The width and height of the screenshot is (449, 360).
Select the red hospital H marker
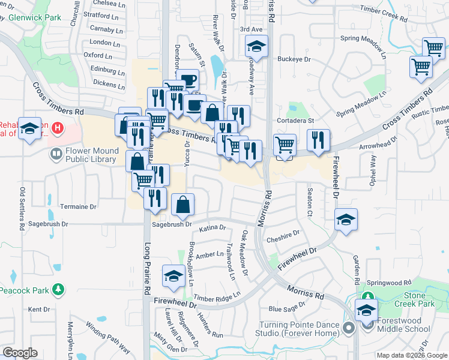58,127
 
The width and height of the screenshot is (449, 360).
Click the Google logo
20,352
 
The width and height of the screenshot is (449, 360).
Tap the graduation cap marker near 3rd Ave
256,46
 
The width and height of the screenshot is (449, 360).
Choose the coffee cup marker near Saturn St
188,80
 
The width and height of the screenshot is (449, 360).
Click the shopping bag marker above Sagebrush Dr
183,205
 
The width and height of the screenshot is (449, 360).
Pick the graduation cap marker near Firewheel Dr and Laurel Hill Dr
173,276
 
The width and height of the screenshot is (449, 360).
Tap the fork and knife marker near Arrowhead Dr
318,140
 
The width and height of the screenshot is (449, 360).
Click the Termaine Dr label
78,206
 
